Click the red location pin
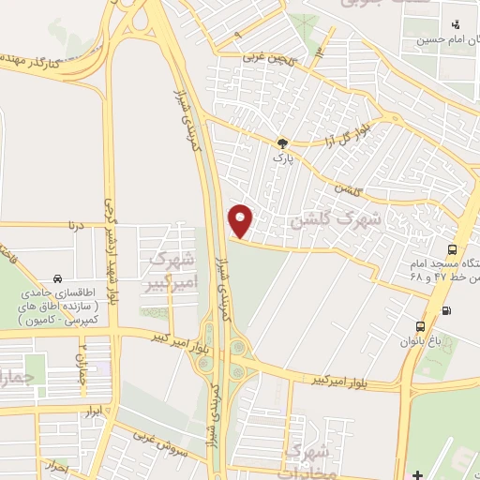coord(241,219)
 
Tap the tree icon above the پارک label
coord(282,142)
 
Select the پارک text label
coord(282,158)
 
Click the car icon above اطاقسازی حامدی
coord(58,278)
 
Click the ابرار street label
coord(91,412)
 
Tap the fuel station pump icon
coord(445,311)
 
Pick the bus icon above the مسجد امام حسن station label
coord(453,249)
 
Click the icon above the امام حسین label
coord(455,24)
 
